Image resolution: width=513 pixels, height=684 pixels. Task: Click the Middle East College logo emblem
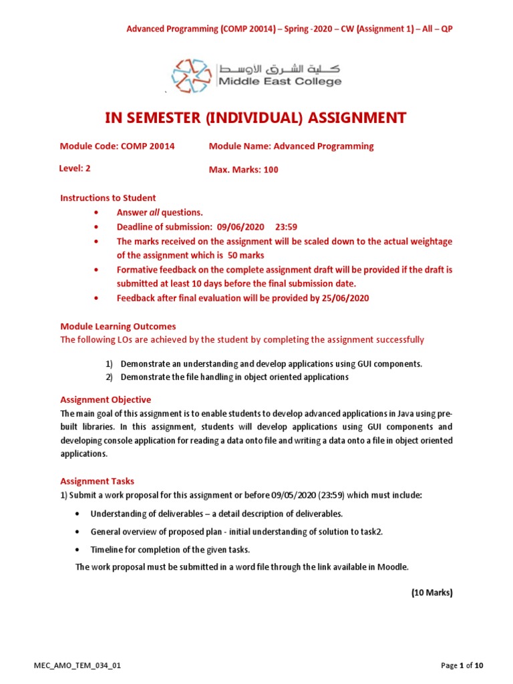(192, 75)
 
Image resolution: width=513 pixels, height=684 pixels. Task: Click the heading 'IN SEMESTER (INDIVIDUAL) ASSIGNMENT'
(256, 118)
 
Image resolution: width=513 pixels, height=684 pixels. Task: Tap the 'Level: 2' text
(75, 169)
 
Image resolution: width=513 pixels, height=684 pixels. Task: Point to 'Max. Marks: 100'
(244, 170)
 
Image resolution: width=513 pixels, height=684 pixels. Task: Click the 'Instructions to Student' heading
(108, 198)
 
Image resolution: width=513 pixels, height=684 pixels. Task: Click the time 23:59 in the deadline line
(277, 226)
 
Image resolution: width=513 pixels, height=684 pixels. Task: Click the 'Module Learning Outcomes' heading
(118, 327)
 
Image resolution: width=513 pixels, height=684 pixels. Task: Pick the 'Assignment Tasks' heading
(97, 481)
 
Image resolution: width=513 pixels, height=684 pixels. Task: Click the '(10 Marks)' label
(432, 592)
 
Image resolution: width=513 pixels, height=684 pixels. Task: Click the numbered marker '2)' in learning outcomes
(109, 377)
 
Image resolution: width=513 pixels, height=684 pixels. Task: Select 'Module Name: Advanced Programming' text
(291, 146)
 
